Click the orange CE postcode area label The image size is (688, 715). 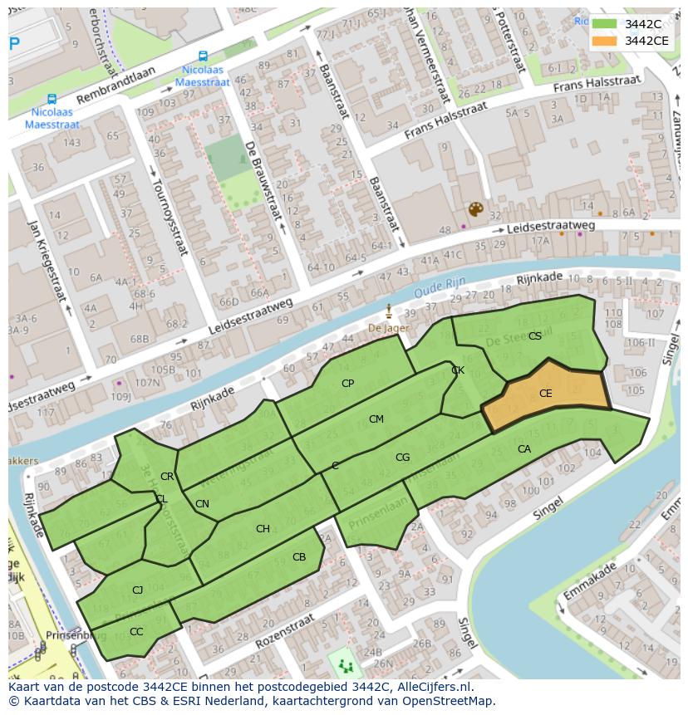545,394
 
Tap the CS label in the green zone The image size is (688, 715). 535,335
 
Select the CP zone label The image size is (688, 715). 347,383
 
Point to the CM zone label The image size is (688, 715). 376,419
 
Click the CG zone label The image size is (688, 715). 402,457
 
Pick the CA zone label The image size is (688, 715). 523,448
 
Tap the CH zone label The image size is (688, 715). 263,528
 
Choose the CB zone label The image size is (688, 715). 299,556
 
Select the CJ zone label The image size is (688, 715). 138,590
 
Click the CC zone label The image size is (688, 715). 136,631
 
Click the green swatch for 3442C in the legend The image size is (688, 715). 605,24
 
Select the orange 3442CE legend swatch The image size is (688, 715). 605,40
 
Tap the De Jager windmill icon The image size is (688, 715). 389,311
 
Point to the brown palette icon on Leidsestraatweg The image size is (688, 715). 474,209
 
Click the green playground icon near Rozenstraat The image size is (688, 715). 345,665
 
